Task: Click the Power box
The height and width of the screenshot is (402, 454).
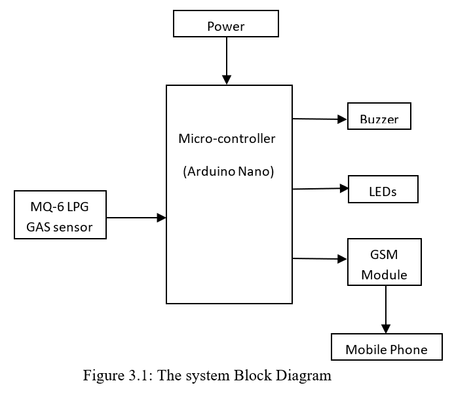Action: click(226, 24)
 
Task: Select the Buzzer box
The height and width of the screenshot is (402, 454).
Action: click(379, 117)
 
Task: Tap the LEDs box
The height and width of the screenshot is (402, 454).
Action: click(383, 189)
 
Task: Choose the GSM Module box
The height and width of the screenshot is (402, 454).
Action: click(384, 262)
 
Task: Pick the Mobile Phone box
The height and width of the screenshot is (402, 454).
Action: click(386, 347)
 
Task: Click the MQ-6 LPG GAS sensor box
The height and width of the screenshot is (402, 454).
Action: click(60, 215)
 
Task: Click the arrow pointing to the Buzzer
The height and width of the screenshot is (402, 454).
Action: click(319, 119)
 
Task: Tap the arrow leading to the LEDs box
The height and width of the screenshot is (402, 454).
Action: click(320, 189)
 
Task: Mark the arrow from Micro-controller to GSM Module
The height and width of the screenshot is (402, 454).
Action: click(319, 259)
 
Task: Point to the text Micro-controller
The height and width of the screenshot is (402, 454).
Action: click(227, 139)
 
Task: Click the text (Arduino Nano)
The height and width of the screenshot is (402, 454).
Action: click(228, 172)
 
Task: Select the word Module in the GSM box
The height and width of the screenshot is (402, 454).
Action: click(384, 275)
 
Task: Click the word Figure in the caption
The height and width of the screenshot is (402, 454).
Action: click(102, 376)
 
